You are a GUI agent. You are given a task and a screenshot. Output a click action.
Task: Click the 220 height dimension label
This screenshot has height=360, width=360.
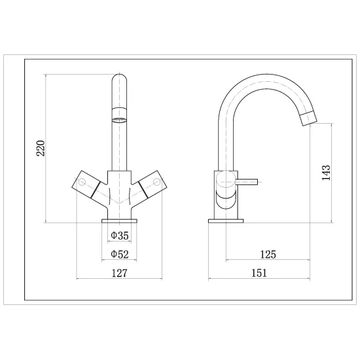click(x=41, y=148)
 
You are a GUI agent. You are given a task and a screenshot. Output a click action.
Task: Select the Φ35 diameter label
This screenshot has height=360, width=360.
click(x=120, y=236)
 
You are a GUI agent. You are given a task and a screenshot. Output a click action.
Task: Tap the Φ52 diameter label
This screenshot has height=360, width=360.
click(x=120, y=254)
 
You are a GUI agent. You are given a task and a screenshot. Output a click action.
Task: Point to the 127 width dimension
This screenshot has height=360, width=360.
click(x=119, y=273)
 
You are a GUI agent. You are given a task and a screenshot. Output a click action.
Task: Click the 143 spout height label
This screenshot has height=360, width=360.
click(x=326, y=173)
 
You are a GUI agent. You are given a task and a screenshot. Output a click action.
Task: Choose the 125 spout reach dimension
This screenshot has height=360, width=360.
click(x=268, y=255)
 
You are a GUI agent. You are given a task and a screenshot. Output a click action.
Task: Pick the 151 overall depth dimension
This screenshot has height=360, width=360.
click(x=259, y=273)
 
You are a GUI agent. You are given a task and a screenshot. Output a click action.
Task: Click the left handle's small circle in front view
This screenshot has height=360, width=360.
click(x=82, y=182)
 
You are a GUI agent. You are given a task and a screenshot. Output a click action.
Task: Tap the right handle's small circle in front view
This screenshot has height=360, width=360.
click(x=157, y=182)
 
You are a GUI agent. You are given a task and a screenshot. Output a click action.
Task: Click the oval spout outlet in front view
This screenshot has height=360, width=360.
click(x=119, y=120)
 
